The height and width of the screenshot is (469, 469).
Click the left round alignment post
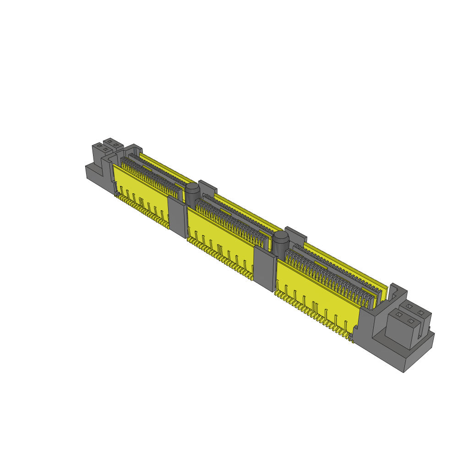[192, 194]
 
